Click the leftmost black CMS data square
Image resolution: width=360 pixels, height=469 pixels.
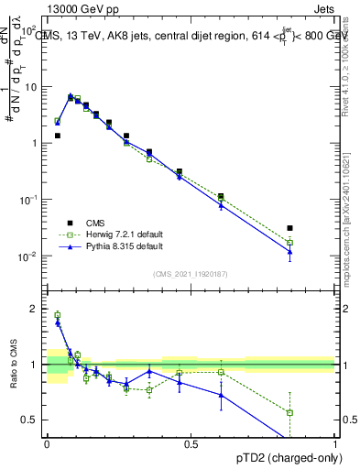pyautogui.click(x=57, y=136)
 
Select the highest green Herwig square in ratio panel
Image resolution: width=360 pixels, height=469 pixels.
pyautogui.click(x=57, y=315)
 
